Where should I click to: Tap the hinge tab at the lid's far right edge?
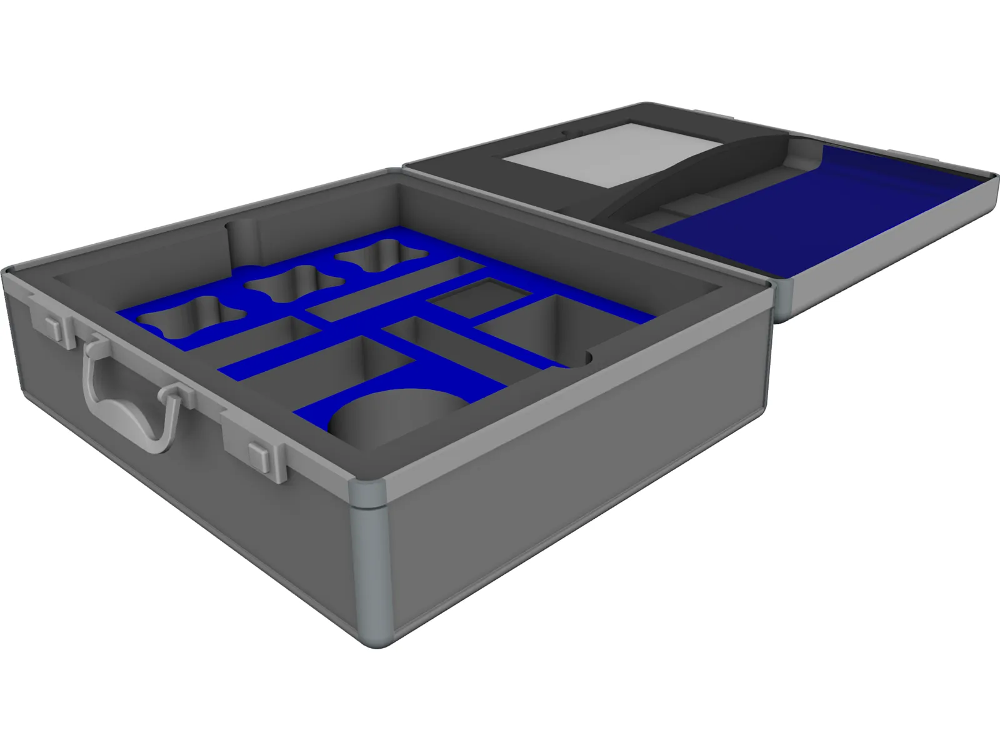(x=901, y=153)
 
